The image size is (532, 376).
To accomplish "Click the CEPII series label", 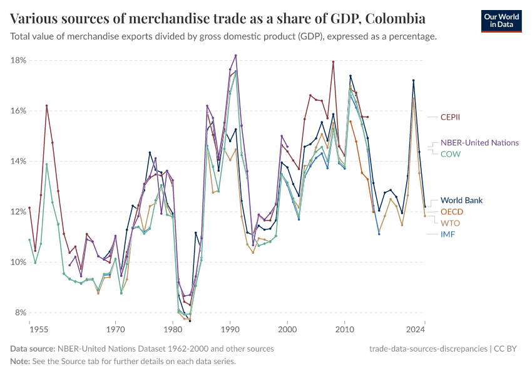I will coord(452,117).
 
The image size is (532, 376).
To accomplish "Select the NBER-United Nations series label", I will coord(479,143).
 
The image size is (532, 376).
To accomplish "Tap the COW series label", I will coord(451,154).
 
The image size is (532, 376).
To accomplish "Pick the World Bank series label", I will coord(461,201).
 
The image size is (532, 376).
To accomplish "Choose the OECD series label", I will coord(452,212).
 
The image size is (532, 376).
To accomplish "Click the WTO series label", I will coord(450,222).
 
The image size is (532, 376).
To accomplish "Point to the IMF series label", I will coord(448,234).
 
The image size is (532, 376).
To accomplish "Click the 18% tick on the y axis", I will coord(18,60).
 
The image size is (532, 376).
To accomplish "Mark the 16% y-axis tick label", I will coord(18,111).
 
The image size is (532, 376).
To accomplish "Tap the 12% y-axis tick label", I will coord(18,212).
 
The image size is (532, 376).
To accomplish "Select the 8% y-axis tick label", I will coord(19,313).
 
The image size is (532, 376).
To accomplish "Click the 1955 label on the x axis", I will coord(38,328).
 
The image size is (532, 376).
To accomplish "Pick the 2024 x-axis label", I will coord(415,328).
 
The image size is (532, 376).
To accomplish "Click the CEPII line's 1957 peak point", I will coord(46,105).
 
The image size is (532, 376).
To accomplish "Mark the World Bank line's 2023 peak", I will coord(413,80).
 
